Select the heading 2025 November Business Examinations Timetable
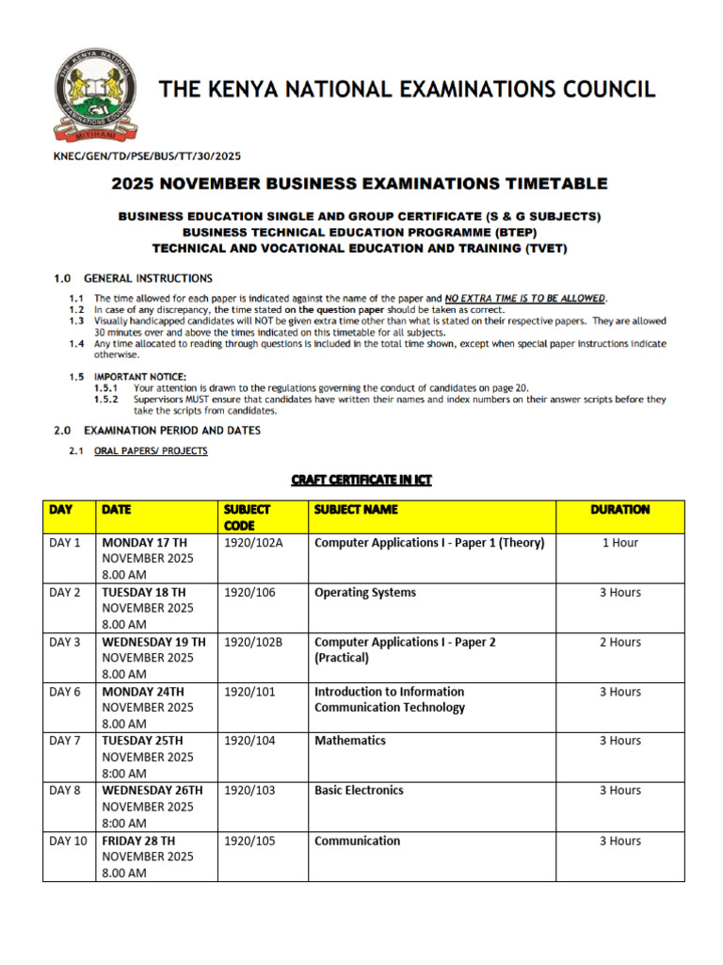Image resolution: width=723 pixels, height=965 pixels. [360, 183]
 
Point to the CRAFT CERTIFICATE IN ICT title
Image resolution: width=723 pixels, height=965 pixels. [361, 480]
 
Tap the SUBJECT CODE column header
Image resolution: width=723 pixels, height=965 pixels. [247, 516]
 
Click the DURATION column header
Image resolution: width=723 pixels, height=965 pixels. [619, 509]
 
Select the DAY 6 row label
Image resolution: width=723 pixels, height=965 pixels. [65, 692]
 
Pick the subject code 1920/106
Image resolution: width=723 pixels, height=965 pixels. [249, 593]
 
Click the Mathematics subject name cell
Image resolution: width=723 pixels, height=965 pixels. [350, 741]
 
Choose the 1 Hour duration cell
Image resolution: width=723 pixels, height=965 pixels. [619, 543]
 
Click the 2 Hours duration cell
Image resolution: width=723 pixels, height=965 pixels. [619, 642]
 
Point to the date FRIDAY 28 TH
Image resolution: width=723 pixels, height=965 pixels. [138, 841]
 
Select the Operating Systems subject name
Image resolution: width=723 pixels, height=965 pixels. [365, 593]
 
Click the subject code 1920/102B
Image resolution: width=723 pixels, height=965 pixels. [253, 642]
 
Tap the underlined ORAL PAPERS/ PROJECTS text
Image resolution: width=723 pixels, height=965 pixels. [151, 451]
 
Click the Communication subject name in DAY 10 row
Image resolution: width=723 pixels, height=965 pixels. [357, 841]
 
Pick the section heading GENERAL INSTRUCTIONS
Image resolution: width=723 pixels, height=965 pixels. [148, 278]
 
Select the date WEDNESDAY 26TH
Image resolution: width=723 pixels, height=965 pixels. [152, 791]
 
